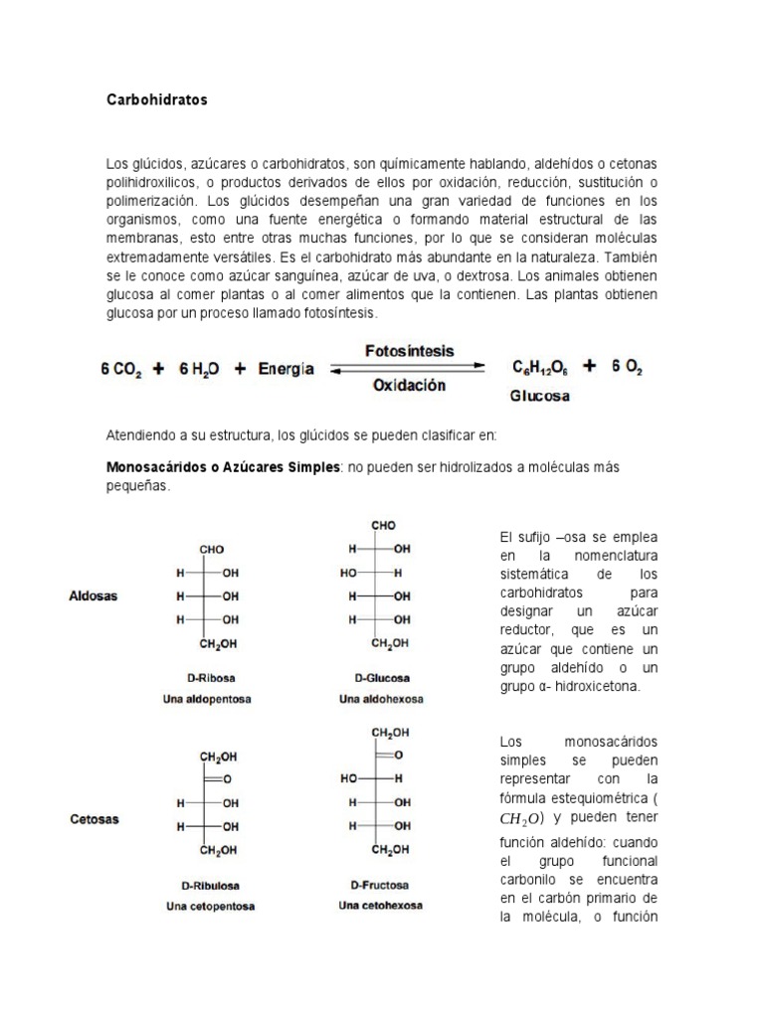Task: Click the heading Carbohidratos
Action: click(156, 100)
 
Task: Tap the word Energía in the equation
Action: click(286, 368)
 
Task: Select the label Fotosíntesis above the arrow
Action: click(409, 351)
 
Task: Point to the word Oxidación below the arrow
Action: click(409, 386)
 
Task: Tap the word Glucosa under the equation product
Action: click(540, 395)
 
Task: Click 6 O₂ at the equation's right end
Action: click(628, 367)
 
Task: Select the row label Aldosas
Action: click(93, 596)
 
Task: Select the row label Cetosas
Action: click(94, 819)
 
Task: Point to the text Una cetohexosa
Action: click(380, 906)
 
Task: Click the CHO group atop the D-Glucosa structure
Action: click(383, 525)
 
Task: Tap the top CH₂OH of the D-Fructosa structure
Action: click(389, 733)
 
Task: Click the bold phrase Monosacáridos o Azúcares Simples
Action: click(223, 467)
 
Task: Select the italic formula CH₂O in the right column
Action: click(522, 820)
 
